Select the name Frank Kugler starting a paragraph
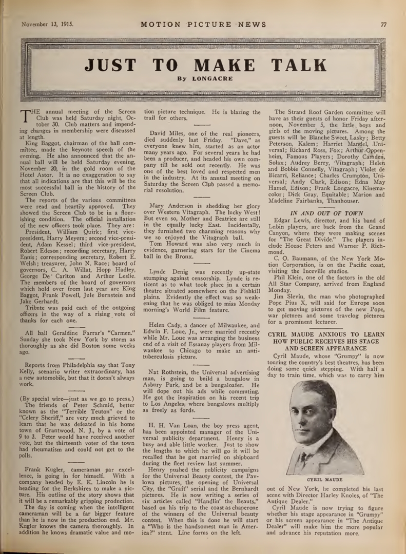click(x=39, y=468)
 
